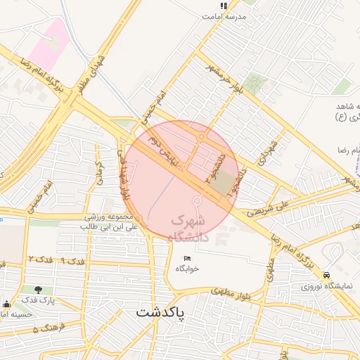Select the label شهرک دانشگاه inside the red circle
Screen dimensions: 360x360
click(190, 229)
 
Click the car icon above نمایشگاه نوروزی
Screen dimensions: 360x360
click(326, 275)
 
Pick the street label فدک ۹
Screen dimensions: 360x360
click(73, 262)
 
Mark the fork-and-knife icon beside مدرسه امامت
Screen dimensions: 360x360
click(224, 6)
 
